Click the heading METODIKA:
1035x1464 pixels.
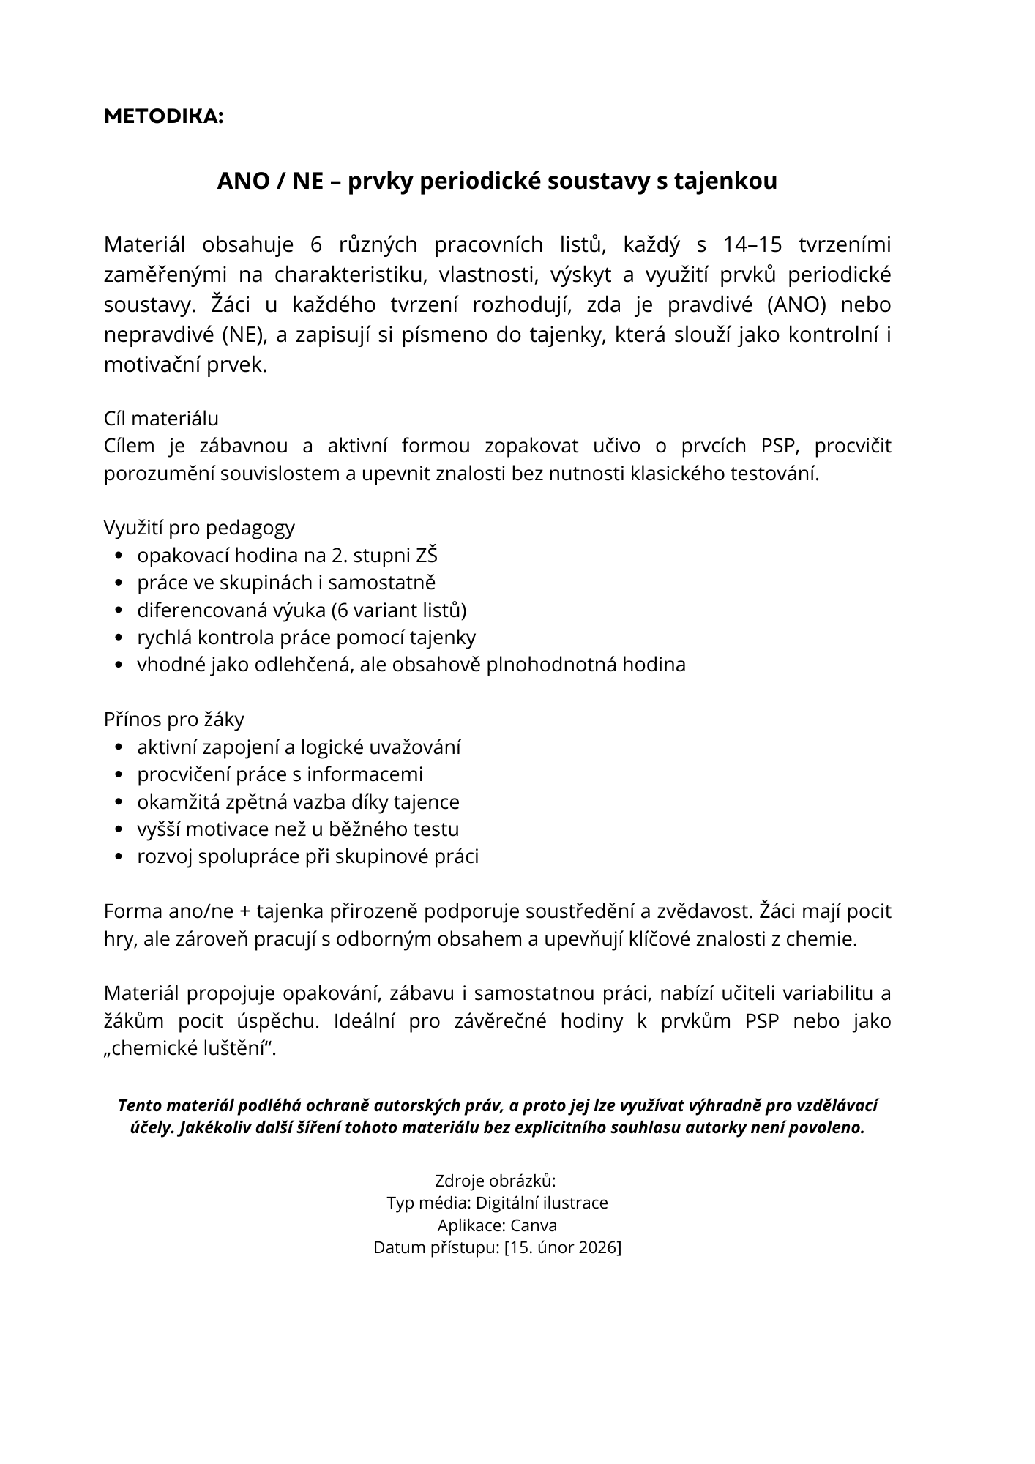pos(163,116)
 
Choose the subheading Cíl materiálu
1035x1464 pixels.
pos(161,419)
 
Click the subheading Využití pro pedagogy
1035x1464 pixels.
pos(199,528)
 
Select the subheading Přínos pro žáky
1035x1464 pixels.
pos(174,720)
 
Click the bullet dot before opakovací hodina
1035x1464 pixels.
pos(120,556)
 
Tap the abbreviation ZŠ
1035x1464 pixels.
pos(427,556)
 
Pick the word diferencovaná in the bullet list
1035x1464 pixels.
pos(194,610)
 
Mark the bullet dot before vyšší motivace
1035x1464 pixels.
pos(120,830)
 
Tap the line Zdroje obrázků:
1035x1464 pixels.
pos(496,1181)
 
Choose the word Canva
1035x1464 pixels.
pos(534,1225)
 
